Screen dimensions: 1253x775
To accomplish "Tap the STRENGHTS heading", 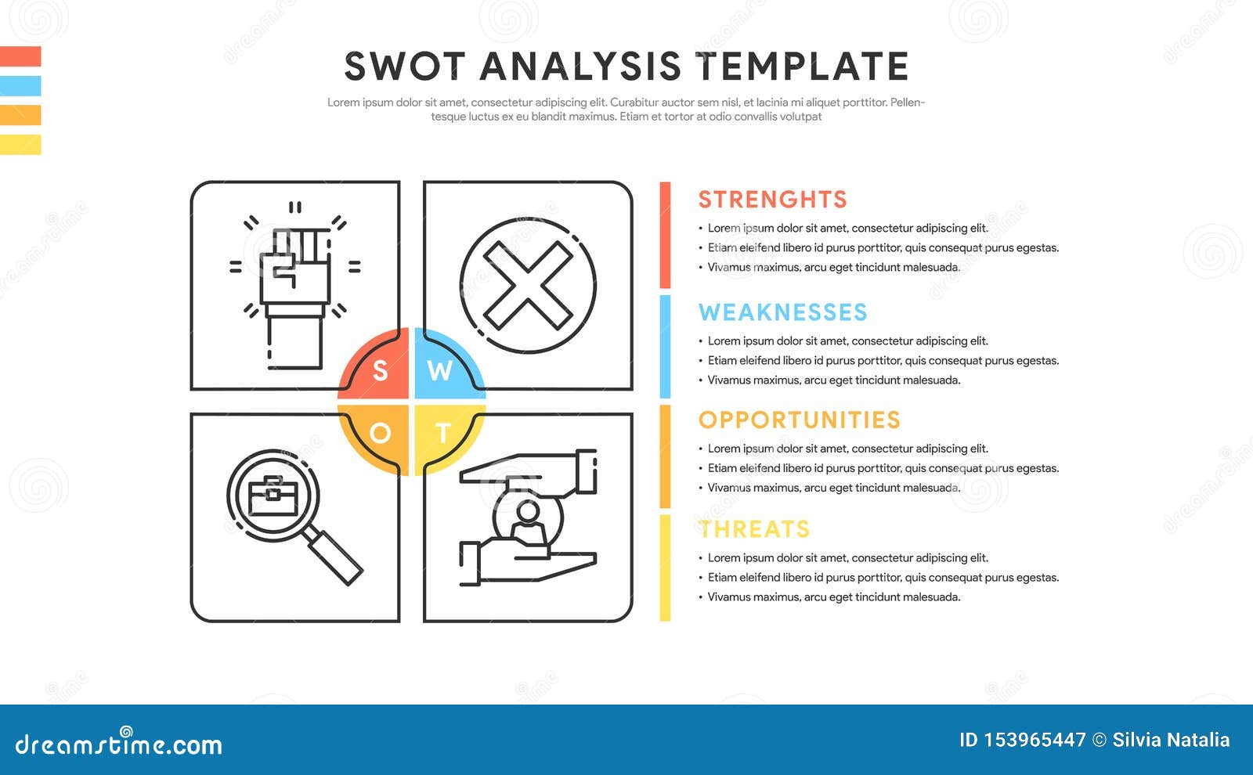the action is point(772,200).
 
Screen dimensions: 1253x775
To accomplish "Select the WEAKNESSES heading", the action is point(782,312).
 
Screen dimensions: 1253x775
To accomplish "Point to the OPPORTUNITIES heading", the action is point(800,420).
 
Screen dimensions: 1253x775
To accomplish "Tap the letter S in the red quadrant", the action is point(381,370).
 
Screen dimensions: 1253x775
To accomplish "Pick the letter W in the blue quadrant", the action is point(439,370).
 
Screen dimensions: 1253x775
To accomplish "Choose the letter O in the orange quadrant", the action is point(381,433).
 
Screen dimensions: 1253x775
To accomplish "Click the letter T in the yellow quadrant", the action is point(443,433).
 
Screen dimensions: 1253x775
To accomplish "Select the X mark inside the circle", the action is point(528,285).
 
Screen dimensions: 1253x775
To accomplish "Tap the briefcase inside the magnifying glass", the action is point(273,496).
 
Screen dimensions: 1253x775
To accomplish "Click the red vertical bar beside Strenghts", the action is point(665,235).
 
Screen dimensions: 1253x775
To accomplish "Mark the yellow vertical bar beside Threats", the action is point(665,568).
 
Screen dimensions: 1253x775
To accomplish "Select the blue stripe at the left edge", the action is point(20,85).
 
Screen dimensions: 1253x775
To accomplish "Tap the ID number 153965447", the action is point(1035,741).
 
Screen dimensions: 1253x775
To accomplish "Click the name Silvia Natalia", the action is point(1171,741).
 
